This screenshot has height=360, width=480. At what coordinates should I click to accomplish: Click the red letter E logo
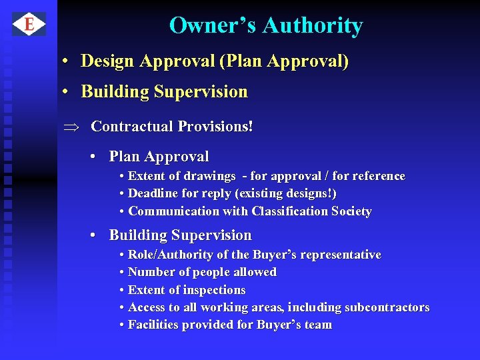(x=29, y=25)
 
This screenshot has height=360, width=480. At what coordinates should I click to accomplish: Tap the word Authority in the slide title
(x=313, y=26)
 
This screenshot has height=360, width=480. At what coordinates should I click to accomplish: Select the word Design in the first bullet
(x=107, y=61)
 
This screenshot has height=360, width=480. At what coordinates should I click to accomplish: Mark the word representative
(x=341, y=255)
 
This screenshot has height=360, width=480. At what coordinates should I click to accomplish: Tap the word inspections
(x=214, y=290)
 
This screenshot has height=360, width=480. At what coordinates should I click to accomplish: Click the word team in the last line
(x=318, y=325)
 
